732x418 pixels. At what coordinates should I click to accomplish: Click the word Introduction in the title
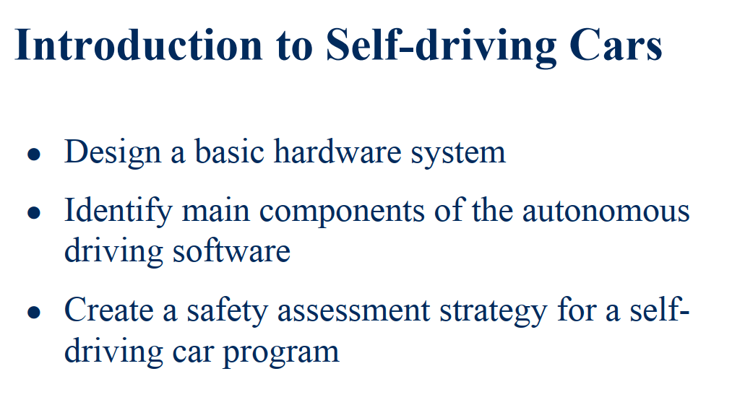[137, 45]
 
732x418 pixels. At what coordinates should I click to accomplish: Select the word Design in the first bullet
[112, 152]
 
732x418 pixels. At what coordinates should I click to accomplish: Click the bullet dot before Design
[32, 154]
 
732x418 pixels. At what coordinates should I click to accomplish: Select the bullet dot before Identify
[32, 213]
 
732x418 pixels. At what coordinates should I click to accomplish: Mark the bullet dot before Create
[32, 312]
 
